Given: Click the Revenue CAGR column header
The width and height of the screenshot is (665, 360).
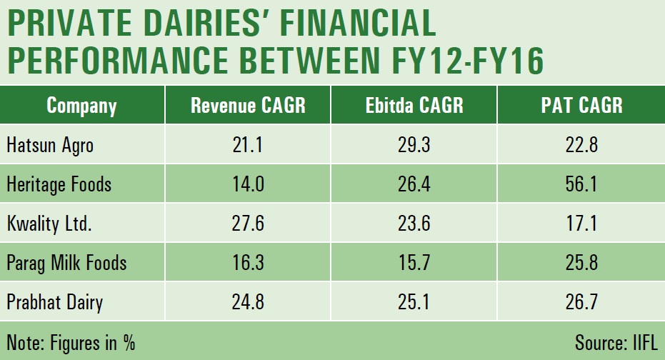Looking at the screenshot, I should pos(248,106).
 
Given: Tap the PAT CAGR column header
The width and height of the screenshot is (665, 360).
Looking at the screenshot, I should pos(581,106).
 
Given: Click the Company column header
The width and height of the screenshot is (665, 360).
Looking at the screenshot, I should pos(81,106).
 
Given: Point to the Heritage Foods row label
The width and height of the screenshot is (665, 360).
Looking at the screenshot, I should pos(59,184).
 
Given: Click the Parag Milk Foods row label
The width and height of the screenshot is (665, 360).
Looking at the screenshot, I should pos(66,263).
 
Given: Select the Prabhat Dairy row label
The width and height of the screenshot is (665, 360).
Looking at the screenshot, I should pos(54,302).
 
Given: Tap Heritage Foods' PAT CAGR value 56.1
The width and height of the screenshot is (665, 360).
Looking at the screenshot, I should pos(581,184).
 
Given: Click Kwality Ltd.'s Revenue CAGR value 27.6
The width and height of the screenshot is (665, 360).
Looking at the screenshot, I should pos(248,224).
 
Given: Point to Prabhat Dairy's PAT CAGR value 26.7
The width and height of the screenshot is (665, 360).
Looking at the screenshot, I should pos(581,302).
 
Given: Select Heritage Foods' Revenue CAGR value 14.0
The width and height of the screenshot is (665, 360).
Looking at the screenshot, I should pos(248,184).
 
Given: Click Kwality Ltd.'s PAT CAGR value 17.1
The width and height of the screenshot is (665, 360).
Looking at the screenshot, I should pos(581,224).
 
